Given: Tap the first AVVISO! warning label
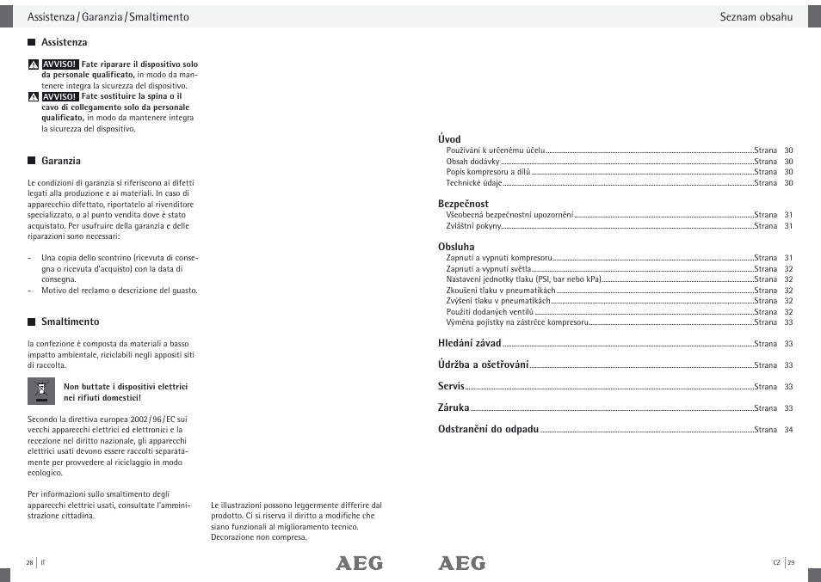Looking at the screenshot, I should (x=60, y=64).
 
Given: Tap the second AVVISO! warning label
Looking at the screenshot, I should (x=60, y=97).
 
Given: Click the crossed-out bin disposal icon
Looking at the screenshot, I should (x=40, y=391).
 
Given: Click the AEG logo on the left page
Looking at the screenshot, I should (x=359, y=563).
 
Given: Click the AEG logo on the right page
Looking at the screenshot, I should (x=461, y=563).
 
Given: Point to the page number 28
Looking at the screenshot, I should (x=29, y=562).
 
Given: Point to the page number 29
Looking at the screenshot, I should (x=791, y=562).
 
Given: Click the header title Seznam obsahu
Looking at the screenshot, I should (x=756, y=17).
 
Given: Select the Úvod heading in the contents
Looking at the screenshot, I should (x=449, y=139).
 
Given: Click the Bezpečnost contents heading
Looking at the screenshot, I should (x=463, y=204).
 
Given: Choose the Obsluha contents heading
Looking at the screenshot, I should (x=456, y=247).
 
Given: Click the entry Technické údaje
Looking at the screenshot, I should (x=473, y=183).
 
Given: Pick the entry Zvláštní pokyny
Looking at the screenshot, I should (x=473, y=226).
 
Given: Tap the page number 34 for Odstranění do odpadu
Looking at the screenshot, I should (x=788, y=430).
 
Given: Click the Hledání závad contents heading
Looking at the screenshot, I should (x=469, y=343).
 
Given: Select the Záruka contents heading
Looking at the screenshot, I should (x=454, y=407).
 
